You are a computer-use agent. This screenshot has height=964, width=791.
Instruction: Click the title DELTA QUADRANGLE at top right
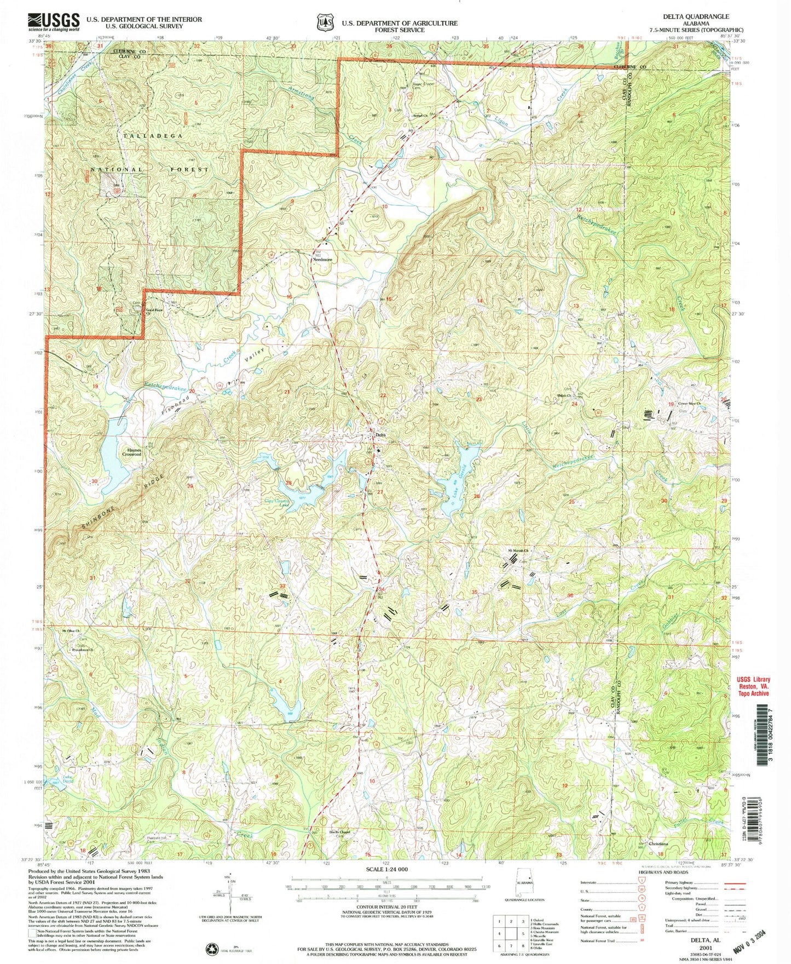(x=696, y=17)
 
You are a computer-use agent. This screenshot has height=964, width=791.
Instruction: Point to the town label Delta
(x=381, y=435)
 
